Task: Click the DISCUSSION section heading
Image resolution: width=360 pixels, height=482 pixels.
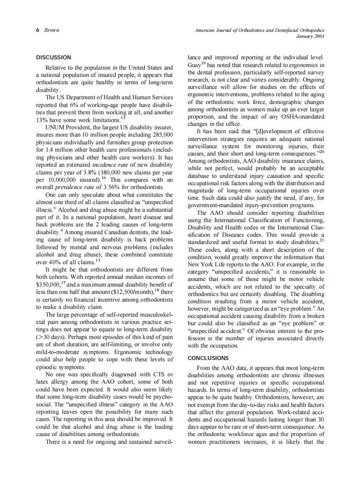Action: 53,57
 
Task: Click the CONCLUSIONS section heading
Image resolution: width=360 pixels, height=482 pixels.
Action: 208,358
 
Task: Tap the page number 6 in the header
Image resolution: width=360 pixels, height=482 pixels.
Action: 38,30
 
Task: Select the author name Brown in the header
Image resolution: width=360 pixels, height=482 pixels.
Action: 52,30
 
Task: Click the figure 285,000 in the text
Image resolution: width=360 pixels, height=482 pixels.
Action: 159,135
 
